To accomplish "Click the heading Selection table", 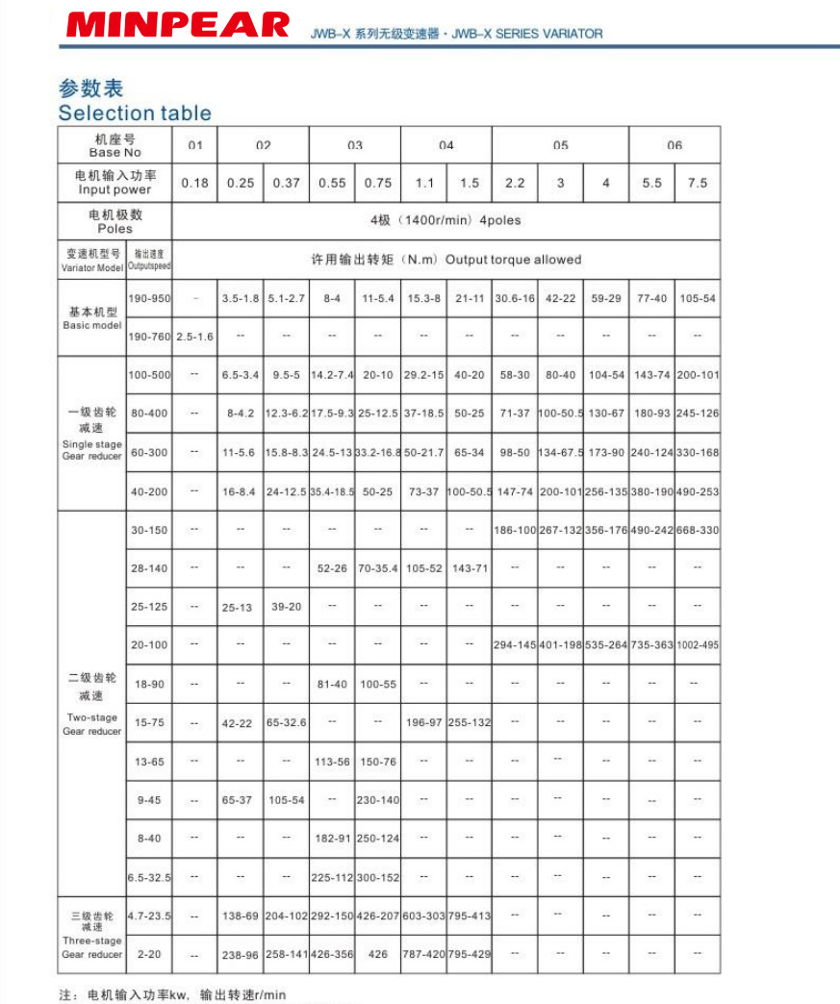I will point(135,113).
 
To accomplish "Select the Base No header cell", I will point(115,146).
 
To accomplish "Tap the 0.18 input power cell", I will point(194,183).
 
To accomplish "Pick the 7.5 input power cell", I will point(698,183).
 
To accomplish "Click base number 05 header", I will point(560,145).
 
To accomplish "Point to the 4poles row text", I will point(445,220).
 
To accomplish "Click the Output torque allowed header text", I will point(445,260).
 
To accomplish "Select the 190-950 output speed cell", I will point(149,299).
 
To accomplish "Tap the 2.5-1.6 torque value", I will point(194,337).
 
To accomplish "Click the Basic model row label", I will point(92,318).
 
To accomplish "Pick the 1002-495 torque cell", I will point(698,644).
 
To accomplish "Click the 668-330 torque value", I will point(698,530).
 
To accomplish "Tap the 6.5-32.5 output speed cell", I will point(149,877).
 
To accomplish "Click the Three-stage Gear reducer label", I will point(92,935).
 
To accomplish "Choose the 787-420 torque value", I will point(423,955).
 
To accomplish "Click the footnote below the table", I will point(173,995).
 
